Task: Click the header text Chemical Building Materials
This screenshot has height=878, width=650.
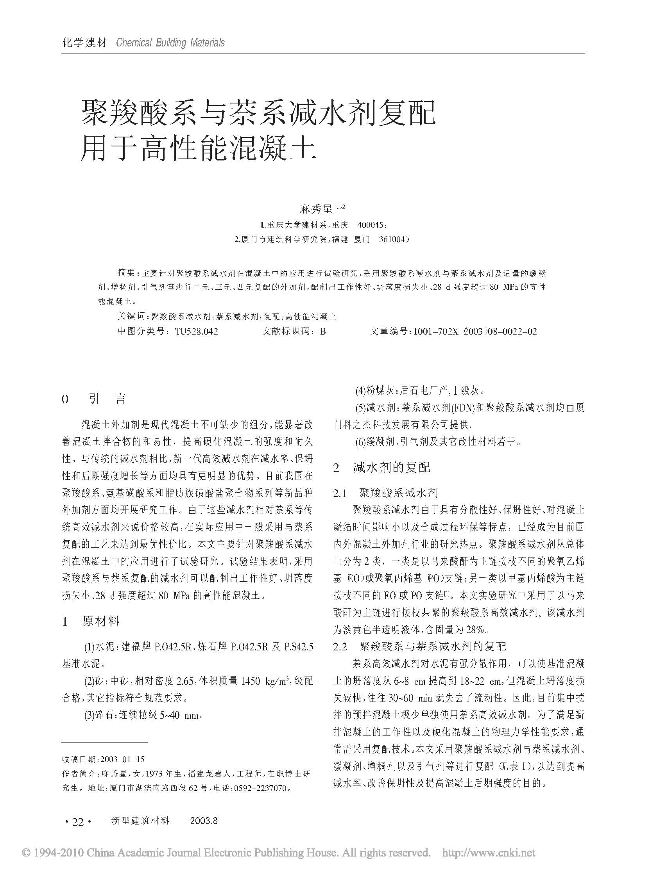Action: coord(170,43)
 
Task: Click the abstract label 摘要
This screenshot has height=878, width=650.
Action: coord(126,273)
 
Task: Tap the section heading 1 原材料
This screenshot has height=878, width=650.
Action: coord(91,622)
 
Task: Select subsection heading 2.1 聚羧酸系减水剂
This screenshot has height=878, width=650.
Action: coord(385,493)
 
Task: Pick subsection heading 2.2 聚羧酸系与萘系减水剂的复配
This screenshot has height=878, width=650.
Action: coord(419,646)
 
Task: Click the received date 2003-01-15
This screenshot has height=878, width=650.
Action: coord(122,759)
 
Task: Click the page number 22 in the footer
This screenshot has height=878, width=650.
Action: coord(78,821)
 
